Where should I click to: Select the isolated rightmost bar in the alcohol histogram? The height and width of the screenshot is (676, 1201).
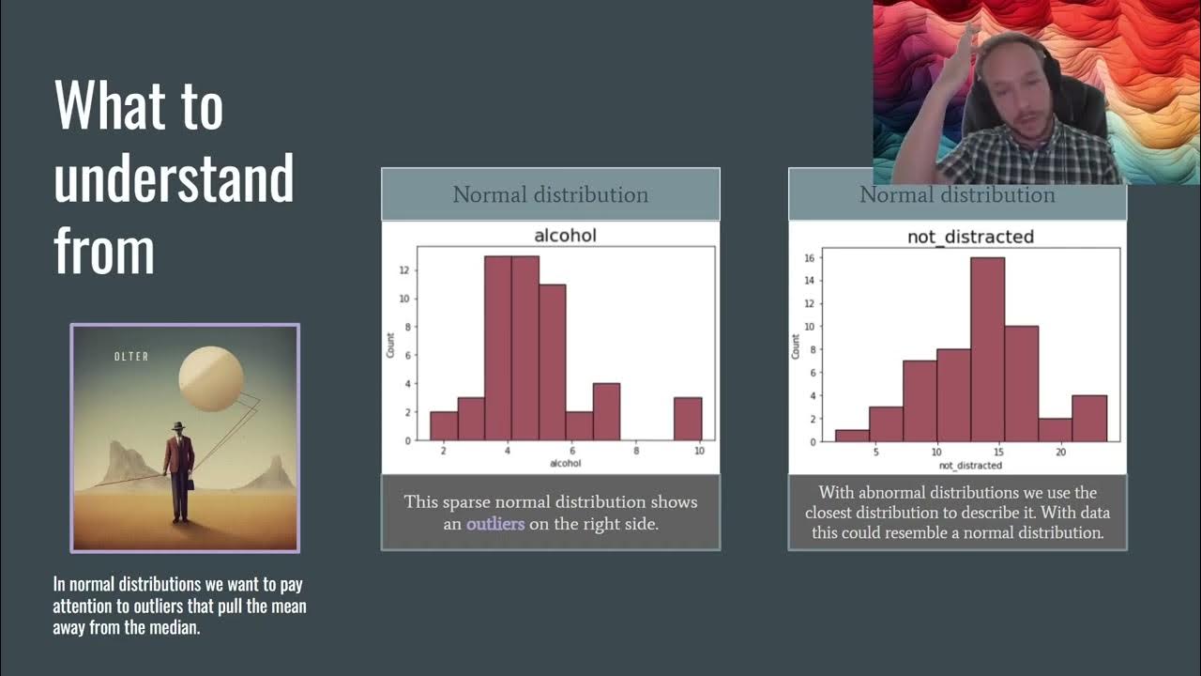click(688, 419)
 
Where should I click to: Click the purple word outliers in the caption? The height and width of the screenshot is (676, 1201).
click(495, 524)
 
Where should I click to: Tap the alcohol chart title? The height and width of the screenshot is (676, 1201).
click(565, 235)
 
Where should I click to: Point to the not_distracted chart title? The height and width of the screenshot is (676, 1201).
click(970, 237)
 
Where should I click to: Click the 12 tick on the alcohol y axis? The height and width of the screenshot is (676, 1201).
click(402, 270)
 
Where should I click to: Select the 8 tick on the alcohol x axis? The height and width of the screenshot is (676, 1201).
click(635, 452)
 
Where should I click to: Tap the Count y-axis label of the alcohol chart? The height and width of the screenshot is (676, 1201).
click(390, 345)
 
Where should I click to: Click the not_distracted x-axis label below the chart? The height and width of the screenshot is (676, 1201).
click(970, 466)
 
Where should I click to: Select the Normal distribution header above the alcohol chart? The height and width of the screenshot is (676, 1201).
click(551, 195)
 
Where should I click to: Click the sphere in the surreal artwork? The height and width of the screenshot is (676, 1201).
click(211, 378)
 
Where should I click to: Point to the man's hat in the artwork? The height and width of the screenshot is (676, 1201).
click(178, 427)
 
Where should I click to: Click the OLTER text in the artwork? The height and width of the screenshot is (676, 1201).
click(130, 357)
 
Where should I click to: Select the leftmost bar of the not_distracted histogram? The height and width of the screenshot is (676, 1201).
click(852, 435)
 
